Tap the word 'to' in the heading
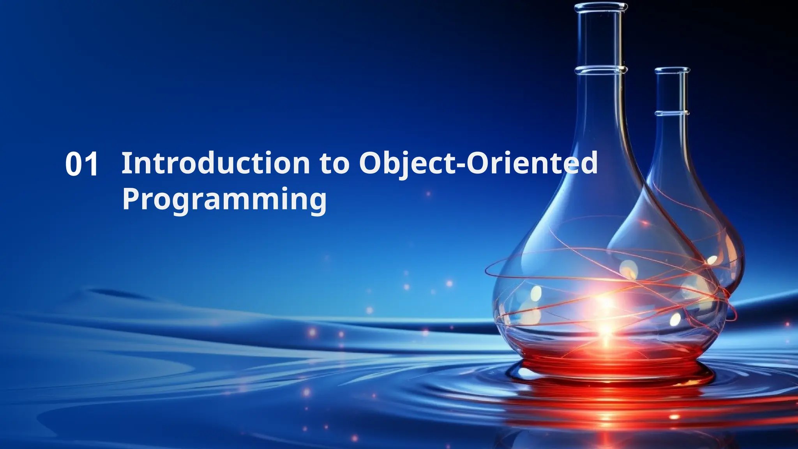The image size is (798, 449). click(x=334, y=164)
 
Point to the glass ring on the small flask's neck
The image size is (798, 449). click(x=672, y=113)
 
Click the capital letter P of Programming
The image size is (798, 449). click(x=131, y=199)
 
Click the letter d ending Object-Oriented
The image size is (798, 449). click(x=588, y=163)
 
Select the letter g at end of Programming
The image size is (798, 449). click(x=317, y=202)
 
